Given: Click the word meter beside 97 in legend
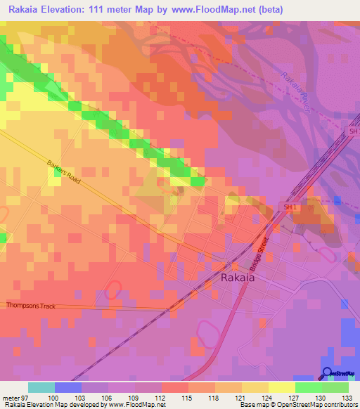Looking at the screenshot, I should [x=11, y=397].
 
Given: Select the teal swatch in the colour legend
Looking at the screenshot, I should [x=41, y=387].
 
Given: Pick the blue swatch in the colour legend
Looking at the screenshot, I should [x=68, y=387].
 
